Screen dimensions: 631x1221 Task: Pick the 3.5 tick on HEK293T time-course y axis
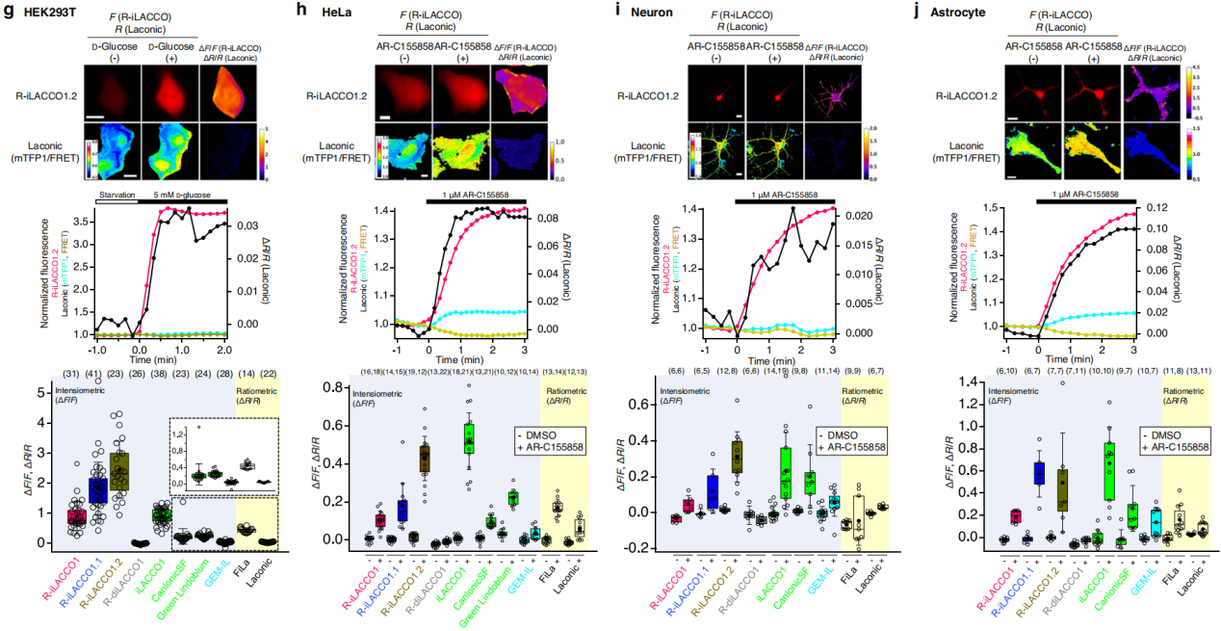click(x=83, y=221)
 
